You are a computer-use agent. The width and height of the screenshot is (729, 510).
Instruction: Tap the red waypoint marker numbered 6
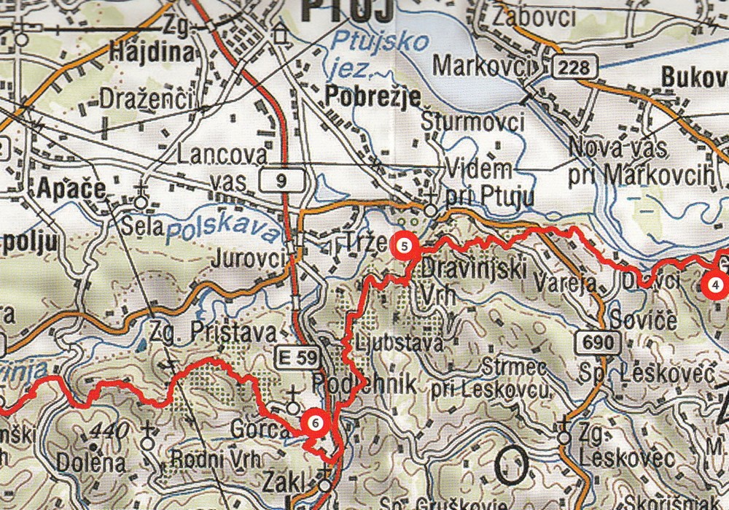(x=314, y=422)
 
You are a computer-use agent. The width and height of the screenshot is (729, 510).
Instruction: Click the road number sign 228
(x=574, y=67)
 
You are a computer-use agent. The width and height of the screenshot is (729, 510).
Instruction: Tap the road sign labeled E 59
(x=297, y=358)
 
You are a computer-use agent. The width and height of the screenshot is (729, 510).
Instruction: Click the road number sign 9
(x=281, y=182)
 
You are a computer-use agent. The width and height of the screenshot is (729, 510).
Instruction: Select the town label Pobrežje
(x=373, y=96)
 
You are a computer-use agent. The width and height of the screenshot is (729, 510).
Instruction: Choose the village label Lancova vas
(x=219, y=167)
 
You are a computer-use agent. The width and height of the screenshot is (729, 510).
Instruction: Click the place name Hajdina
(x=152, y=52)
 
